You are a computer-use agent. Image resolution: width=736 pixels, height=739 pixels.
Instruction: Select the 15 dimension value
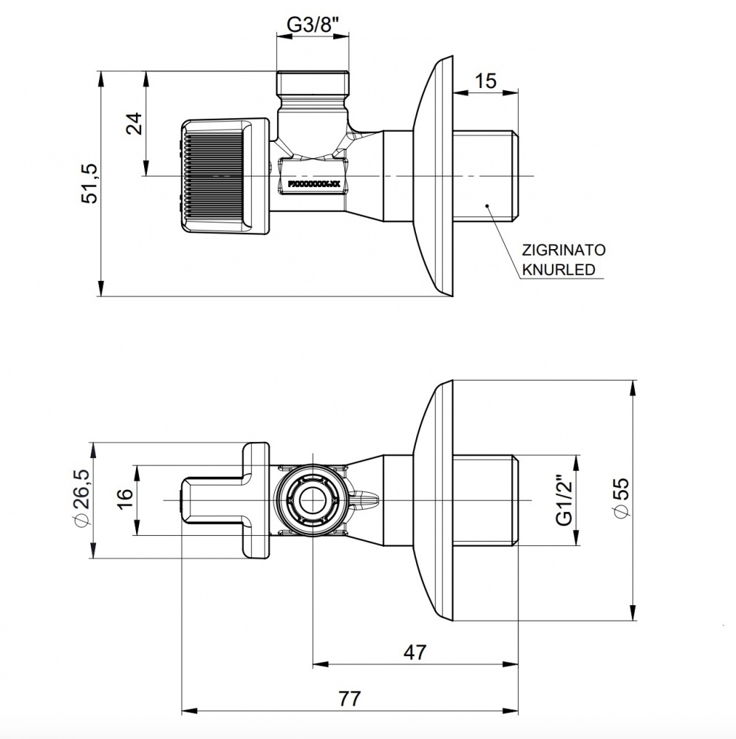pyautogui.click(x=485, y=81)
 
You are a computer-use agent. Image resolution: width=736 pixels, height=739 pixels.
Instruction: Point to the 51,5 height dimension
pyautogui.click(x=89, y=184)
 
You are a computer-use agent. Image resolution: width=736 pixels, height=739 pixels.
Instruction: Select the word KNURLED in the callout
pyautogui.click(x=559, y=270)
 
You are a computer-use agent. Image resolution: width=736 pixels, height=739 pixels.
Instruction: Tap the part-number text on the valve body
pyautogui.click(x=314, y=180)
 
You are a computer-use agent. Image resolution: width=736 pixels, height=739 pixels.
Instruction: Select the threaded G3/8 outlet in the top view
pyautogui.click(x=314, y=86)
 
